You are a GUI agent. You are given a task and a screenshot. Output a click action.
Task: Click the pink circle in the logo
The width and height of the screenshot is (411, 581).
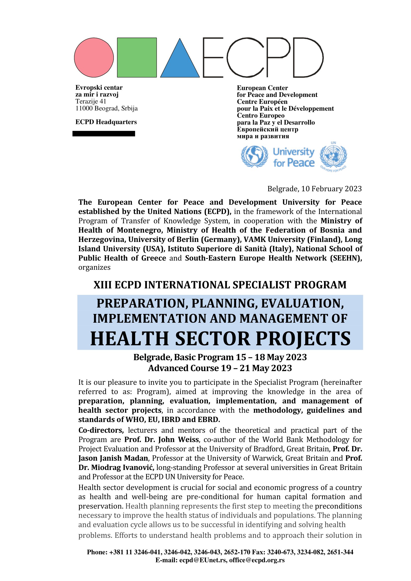94,57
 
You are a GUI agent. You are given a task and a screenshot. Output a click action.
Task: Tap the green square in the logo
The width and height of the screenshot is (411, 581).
137,57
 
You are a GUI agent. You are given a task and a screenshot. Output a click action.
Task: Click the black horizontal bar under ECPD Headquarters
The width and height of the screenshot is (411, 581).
104,134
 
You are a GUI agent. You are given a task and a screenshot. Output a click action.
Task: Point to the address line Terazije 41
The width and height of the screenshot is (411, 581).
91,102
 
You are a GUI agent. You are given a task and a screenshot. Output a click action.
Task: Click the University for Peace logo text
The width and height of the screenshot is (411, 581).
293,157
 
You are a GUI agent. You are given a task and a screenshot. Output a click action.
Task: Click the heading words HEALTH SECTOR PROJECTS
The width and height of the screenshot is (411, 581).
220,339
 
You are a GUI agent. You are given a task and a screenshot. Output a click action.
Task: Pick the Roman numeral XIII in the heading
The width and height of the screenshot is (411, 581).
102,285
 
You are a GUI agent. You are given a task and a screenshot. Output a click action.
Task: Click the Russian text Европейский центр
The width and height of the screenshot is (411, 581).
268,129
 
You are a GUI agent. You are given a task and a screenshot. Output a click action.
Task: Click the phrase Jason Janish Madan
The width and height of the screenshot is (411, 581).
113,458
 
